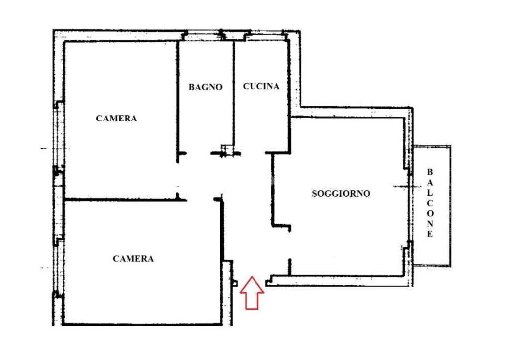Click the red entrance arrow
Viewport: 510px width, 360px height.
(x=252, y=293)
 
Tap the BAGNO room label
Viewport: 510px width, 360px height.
(x=205, y=87)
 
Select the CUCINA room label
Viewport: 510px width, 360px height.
(x=261, y=86)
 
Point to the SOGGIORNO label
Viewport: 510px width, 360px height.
(x=341, y=194)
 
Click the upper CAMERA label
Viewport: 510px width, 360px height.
(x=116, y=119)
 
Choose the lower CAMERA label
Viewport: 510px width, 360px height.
(x=133, y=259)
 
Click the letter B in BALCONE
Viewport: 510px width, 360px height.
(x=430, y=172)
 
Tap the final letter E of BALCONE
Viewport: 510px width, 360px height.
(x=430, y=234)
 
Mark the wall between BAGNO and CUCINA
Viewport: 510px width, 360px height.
(x=233, y=95)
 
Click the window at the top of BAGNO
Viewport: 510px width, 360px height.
(x=203, y=36)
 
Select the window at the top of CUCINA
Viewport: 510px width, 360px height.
(x=265, y=36)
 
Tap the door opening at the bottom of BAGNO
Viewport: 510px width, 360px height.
(x=199, y=153)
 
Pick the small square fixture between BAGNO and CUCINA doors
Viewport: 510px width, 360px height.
(x=227, y=149)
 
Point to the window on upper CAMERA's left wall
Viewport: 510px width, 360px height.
(x=59, y=134)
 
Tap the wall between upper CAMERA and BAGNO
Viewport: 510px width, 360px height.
(x=177, y=100)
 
